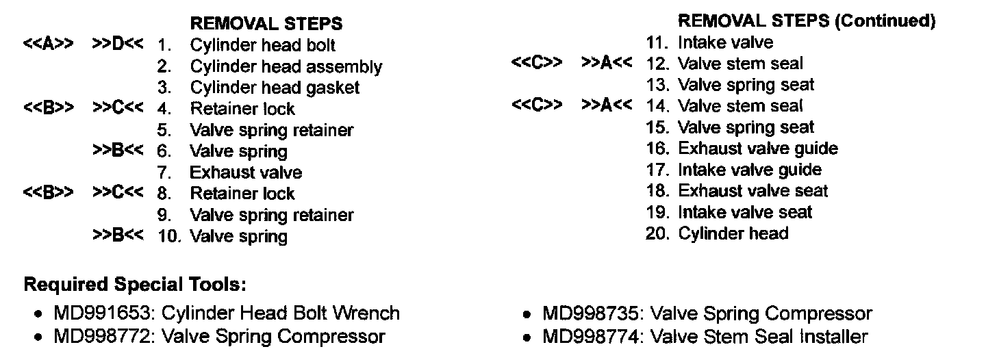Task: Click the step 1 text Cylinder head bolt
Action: [x=263, y=46]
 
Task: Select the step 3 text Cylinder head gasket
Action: [x=275, y=88]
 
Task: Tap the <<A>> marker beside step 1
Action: [x=48, y=44]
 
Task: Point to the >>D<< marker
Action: [x=118, y=44]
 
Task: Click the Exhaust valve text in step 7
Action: [x=246, y=172]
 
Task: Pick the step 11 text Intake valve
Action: [x=725, y=43]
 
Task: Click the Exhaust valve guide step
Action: [x=758, y=149]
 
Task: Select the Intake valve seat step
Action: [x=745, y=213]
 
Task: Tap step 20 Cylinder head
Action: [x=733, y=234]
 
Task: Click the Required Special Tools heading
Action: [x=134, y=285]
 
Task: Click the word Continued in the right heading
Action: [x=885, y=21]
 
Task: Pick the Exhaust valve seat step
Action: [x=753, y=192]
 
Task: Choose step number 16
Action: [x=657, y=149]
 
